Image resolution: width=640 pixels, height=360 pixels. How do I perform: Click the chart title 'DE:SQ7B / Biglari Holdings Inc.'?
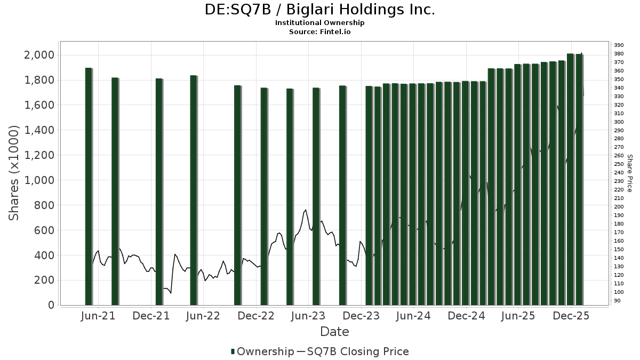point(320,10)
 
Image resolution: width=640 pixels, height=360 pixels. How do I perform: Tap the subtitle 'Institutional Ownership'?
point(320,23)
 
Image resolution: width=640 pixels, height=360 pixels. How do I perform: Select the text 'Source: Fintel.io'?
point(320,31)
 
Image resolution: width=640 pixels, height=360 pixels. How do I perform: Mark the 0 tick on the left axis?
point(51,305)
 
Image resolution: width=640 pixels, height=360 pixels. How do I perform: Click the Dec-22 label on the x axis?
point(257,316)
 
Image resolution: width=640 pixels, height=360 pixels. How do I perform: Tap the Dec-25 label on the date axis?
point(571,316)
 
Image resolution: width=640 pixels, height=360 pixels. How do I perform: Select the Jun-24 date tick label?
point(414,316)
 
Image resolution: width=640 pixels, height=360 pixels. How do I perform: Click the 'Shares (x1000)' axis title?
point(14,173)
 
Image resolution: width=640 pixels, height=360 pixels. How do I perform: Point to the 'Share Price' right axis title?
point(629,173)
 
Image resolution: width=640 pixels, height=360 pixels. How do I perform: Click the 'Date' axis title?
point(334,332)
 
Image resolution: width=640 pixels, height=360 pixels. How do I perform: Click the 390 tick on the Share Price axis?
point(619,45)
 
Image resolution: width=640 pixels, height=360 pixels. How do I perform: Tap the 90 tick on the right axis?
point(617,301)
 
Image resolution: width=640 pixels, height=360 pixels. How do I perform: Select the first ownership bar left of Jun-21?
point(89,187)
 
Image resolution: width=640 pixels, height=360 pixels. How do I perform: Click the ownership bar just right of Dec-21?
point(159,192)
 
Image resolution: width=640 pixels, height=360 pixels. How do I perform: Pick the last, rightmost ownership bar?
point(579,179)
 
